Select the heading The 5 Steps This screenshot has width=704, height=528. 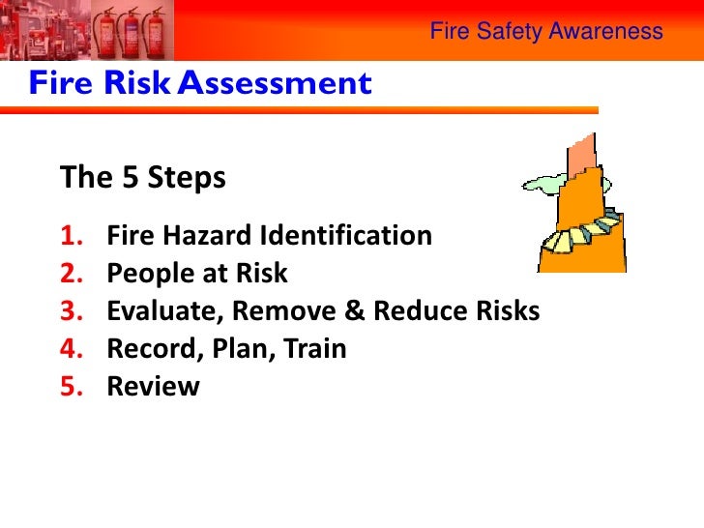click(143, 178)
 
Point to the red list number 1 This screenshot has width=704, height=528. click(73, 235)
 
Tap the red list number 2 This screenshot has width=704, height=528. click(73, 273)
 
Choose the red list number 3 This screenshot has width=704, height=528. click(73, 310)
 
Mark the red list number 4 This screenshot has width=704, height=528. click(73, 348)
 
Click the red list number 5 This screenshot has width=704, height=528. click(73, 386)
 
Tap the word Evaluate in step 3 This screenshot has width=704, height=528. click(154, 310)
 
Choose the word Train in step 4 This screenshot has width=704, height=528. click(313, 348)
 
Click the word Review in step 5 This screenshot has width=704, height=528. click(153, 386)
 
